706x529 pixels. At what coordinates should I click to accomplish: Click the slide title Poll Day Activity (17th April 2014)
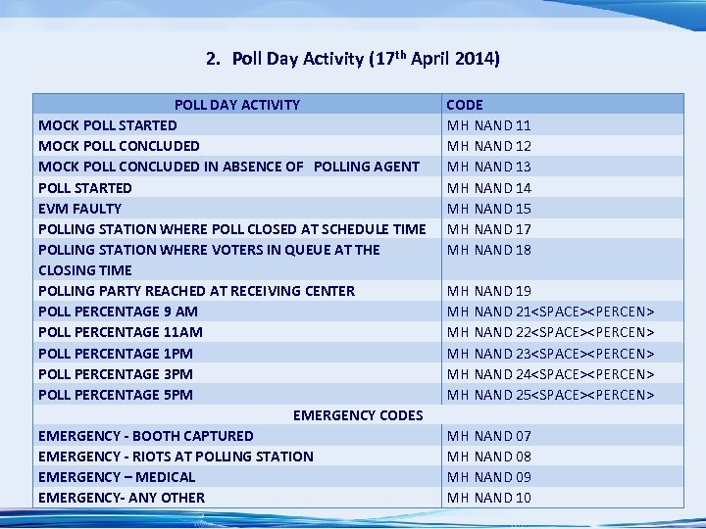point(353,59)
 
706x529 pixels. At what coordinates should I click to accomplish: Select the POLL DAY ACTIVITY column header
point(237,104)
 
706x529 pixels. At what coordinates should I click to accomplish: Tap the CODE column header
point(465,104)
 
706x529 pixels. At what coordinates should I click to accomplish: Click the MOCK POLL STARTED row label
point(108,125)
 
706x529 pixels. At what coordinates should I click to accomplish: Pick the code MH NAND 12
point(489,146)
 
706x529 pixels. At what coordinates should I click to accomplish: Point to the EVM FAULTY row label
point(80,208)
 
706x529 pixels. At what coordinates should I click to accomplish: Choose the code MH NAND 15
point(489,208)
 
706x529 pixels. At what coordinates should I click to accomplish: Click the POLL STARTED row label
point(85,187)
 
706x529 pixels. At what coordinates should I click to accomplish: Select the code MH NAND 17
point(489,228)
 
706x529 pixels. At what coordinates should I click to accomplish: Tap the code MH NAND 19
point(489,291)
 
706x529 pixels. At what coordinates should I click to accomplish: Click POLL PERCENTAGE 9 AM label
point(118,312)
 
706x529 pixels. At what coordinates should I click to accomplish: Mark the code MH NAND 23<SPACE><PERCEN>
point(550,354)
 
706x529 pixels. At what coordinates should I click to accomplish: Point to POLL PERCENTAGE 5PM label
point(116,395)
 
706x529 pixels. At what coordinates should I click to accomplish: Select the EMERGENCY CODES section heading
point(358,415)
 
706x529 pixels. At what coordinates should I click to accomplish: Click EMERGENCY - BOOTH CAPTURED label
point(146,436)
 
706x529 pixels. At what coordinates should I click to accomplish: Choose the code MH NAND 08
point(489,457)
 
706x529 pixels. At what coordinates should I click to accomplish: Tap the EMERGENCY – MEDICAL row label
point(117,477)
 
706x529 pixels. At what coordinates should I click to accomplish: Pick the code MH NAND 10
point(489,498)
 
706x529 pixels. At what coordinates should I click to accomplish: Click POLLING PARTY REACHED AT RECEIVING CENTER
point(196,291)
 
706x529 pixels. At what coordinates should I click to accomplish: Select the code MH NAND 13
point(489,167)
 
